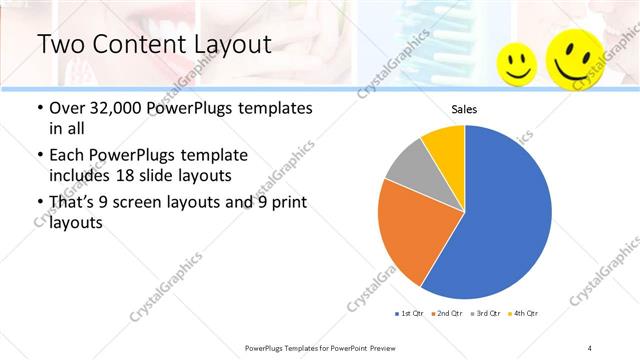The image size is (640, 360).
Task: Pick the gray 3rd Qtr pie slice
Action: (x=406, y=164)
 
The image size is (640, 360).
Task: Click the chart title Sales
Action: (x=464, y=109)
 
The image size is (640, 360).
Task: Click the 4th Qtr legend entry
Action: (x=524, y=314)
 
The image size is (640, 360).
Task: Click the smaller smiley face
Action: (x=517, y=63)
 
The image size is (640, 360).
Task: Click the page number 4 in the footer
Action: (x=590, y=347)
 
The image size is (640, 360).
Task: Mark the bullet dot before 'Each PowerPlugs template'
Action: (x=40, y=156)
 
